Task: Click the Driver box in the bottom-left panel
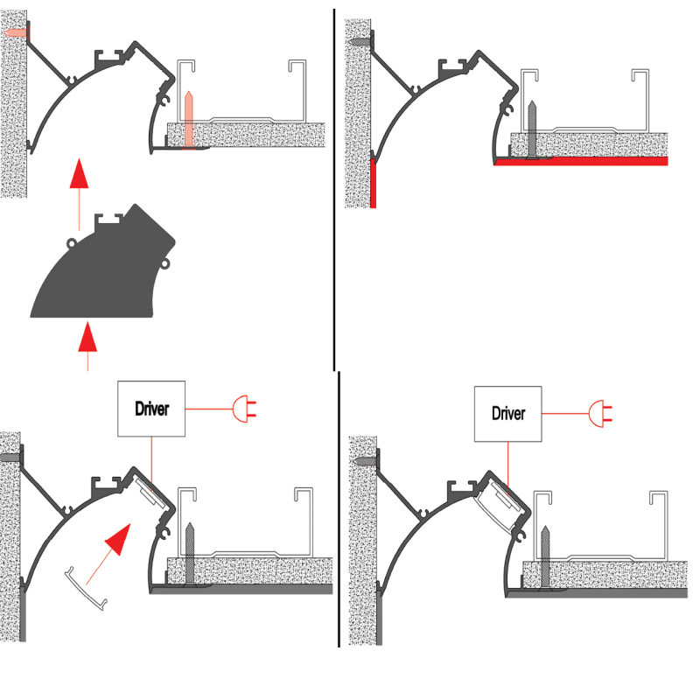[151, 409]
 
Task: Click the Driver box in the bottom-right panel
[507, 414]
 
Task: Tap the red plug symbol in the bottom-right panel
[599, 413]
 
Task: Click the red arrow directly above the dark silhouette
[79, 182]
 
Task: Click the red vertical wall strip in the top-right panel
[374, 184]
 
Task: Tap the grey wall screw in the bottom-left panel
[11, 458]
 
